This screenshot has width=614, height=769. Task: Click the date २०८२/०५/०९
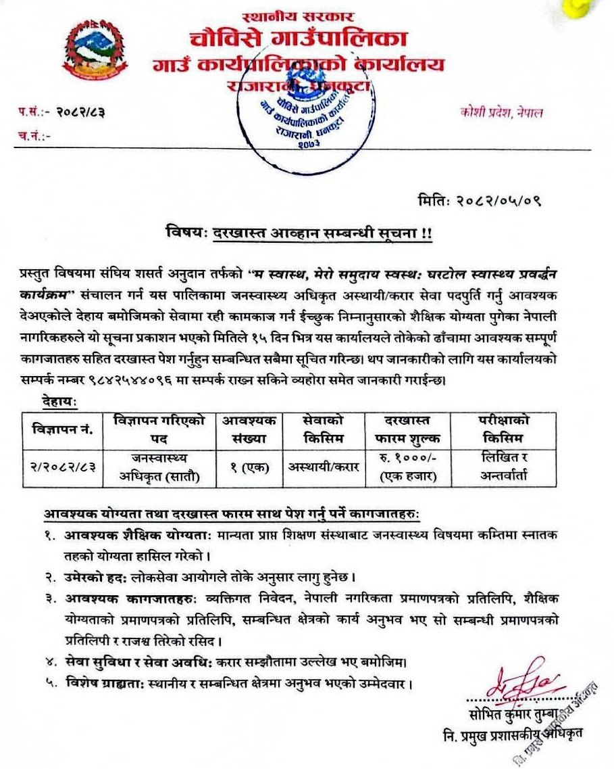[x=501, y=201]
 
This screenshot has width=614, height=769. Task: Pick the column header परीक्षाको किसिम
[x=500, y=429]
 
